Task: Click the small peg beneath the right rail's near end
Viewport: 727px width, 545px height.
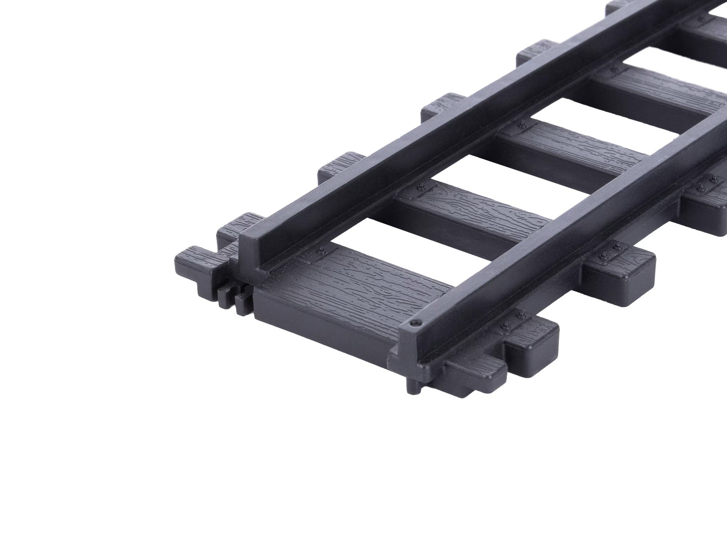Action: pos(414,387)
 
